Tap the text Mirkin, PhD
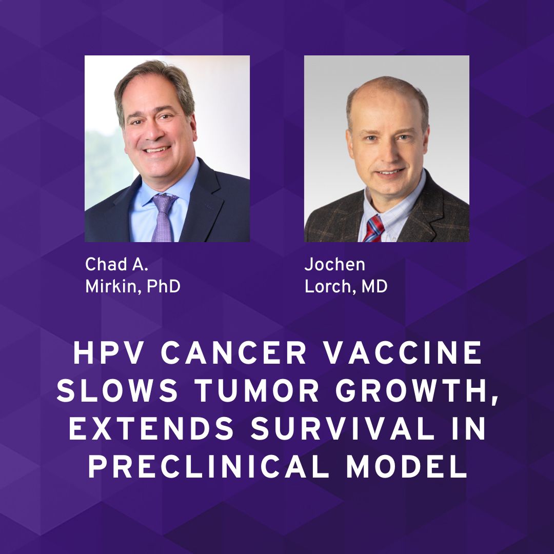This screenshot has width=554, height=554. [132, 287]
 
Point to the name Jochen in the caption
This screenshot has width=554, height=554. [335, 264]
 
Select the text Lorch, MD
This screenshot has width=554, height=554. [346, 287]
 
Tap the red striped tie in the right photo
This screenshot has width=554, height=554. [373, 228]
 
